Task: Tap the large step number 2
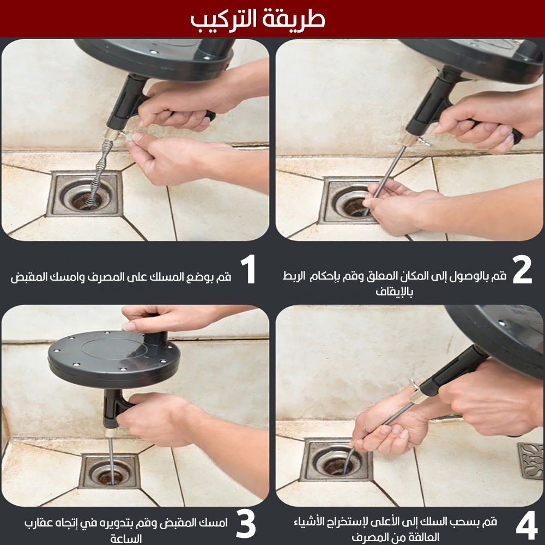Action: point(523,269)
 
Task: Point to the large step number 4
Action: point(527,526)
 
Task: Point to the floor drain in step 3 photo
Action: point(110,471)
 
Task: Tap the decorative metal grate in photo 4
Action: point(531,461)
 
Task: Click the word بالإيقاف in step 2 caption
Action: point(394,291)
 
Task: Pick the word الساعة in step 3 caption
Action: point(126,538)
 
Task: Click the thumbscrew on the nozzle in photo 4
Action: point(414,385)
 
